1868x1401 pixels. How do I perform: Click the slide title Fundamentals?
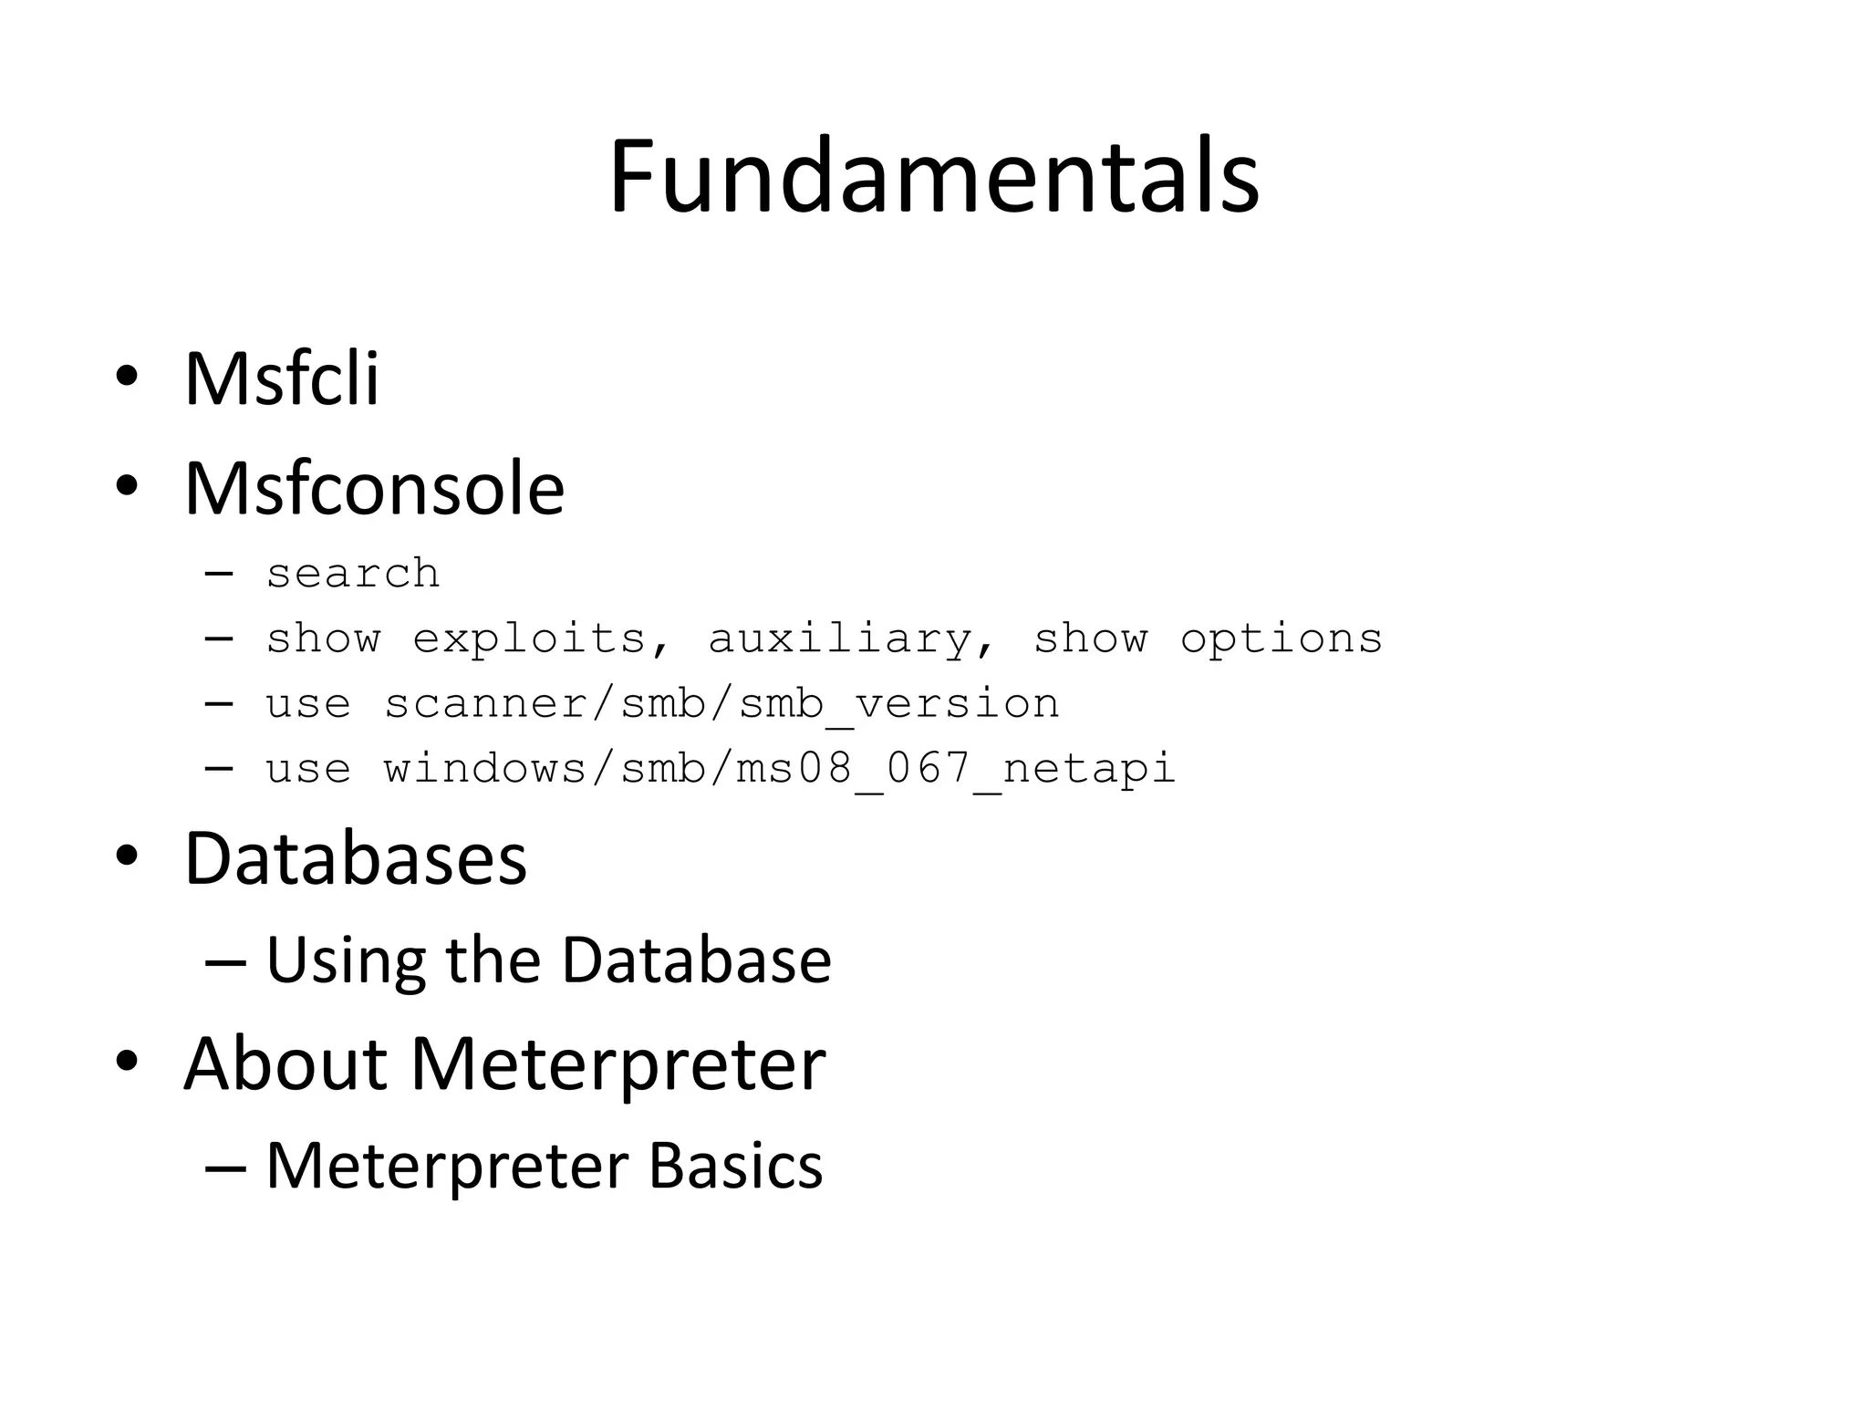934,177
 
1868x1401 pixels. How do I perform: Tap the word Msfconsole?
374,489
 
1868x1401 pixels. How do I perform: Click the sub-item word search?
353,574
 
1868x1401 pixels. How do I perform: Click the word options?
1281,638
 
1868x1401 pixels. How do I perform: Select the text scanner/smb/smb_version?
721,704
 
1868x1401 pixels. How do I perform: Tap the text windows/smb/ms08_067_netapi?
779,769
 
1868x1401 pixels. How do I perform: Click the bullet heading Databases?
356,858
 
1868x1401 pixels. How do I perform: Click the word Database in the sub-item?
696,960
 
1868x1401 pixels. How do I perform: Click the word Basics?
735,1166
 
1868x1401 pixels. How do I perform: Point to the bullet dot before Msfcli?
127,377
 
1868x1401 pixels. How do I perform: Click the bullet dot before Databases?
127,857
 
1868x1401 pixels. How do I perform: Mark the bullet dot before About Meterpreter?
127,1062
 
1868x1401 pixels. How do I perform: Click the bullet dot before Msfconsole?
127,488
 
